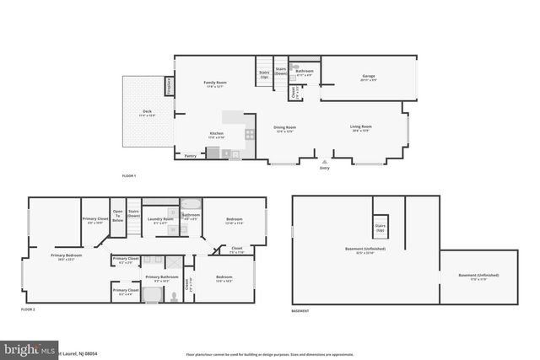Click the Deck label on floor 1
[x=148, y=113]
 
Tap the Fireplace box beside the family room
[x=169, y=85]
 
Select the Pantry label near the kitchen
[x=190, y=155]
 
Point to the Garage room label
[x=369, y=78]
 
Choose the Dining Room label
[x=284, y=128]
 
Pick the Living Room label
[x=361, y=128]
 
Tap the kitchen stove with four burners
[x=250, y=132]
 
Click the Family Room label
[x=216, y=83]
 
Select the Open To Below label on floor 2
[x=118, y=216]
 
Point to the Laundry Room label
[x=160, y=220]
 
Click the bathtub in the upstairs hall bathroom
[x=192, y=203]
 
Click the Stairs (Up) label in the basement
[x=380, y=228]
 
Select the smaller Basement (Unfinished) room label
[x=478, y=277]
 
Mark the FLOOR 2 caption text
[x=28, y=310]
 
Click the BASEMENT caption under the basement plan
[x=300, y=310]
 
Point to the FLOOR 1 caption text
[x=129, y=175]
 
